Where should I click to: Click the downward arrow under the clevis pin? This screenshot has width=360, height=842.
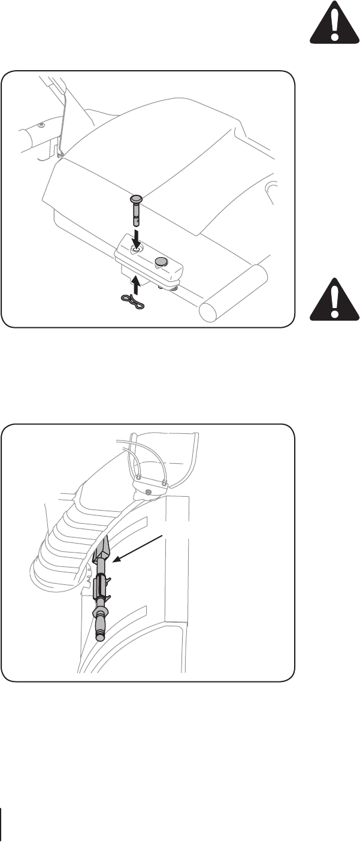(137, 237)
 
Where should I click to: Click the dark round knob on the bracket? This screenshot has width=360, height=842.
(162, 261)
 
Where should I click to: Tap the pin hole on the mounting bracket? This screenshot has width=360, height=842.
(136, 251)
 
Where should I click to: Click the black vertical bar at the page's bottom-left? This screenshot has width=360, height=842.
(2, 822)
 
